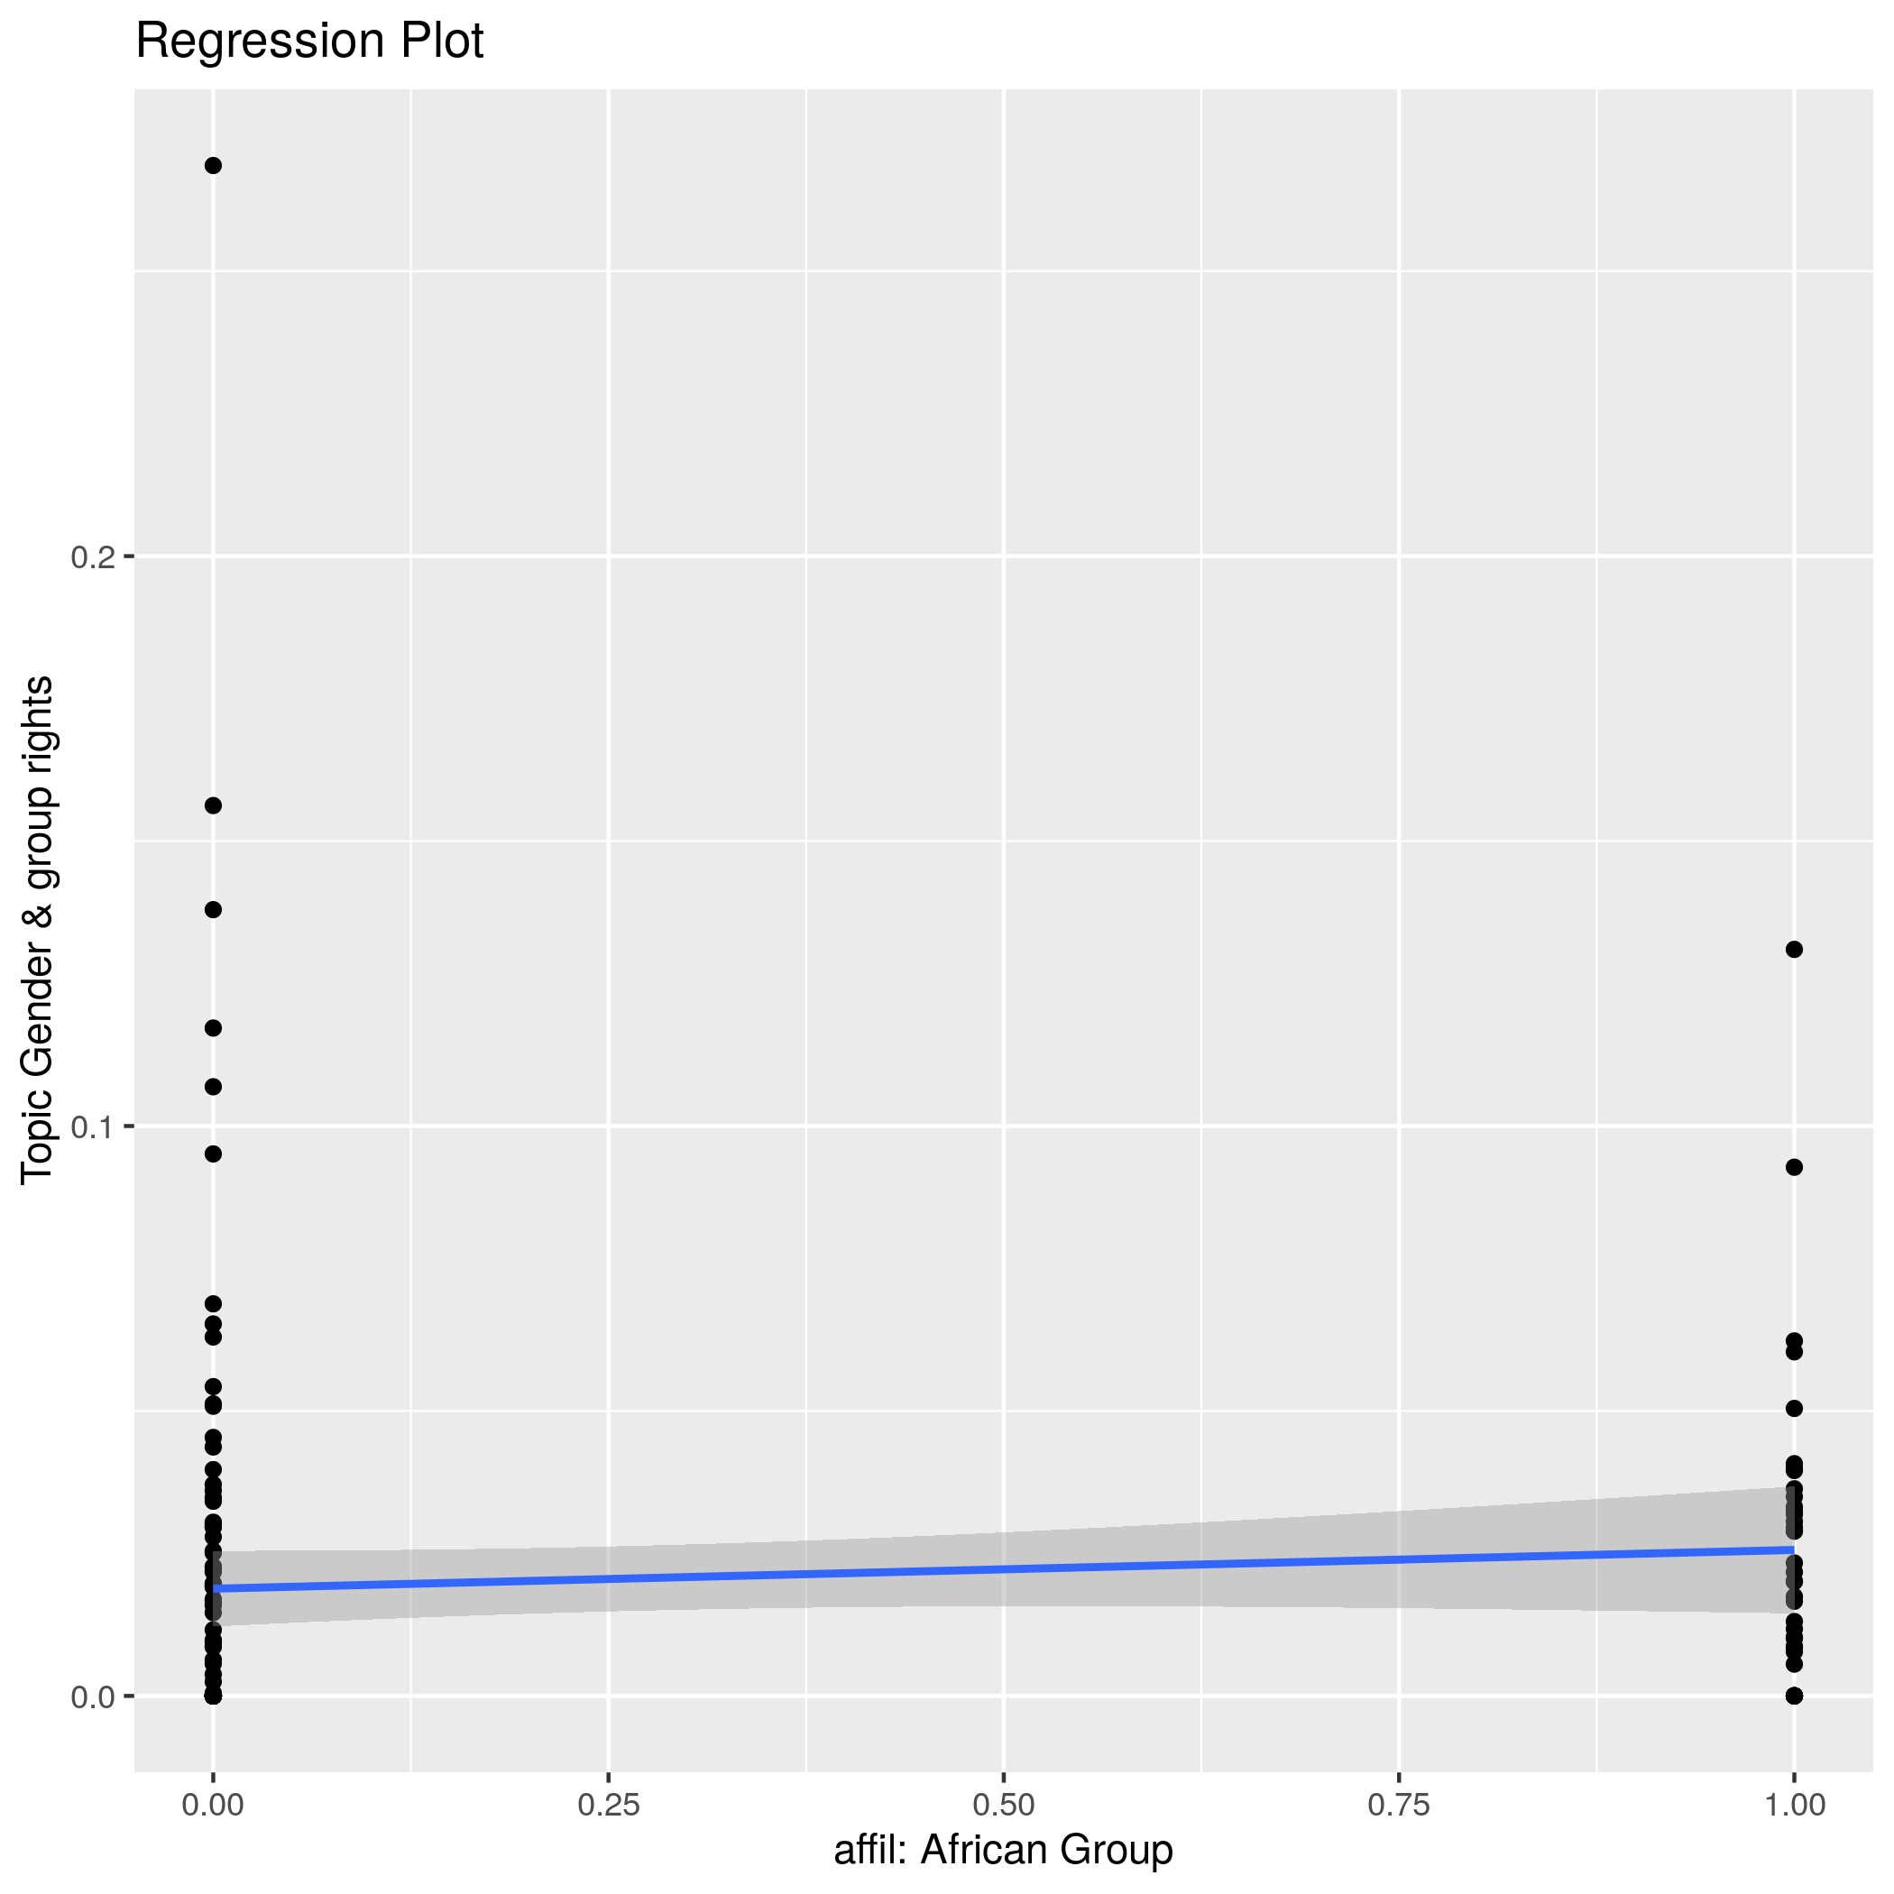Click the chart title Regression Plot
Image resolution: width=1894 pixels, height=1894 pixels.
[308, 41]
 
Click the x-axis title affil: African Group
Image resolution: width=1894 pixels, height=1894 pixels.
[1003, 1850]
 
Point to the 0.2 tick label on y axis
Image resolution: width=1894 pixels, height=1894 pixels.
[92, 556]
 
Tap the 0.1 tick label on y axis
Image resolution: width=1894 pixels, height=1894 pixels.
[92, 1126]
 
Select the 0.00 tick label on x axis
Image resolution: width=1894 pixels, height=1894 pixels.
[213, 1805]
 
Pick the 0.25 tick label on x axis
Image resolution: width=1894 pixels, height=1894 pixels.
[608, 1805]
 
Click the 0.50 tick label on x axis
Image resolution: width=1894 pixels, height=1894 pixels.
[1003, 1805]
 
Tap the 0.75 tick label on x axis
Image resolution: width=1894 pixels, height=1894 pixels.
[1398, 1805]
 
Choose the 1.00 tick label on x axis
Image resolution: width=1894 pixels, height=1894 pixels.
[1794, 1805]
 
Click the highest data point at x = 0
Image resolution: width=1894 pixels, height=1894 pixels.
[213, 166]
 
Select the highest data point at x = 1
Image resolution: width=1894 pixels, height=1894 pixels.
[1794, 949]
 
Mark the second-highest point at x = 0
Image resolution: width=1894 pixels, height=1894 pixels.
[213, 805]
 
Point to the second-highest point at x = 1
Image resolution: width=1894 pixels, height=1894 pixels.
[1794, 1166]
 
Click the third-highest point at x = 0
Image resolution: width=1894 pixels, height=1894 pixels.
[213, 910]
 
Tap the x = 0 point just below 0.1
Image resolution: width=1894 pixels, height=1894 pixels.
[213, 1154]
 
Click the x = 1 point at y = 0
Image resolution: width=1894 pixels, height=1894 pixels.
[1794, 1696]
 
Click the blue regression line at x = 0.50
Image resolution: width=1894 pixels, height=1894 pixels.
[1003, 1568]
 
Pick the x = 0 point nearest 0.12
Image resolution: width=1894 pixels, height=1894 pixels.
[213, 1028]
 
